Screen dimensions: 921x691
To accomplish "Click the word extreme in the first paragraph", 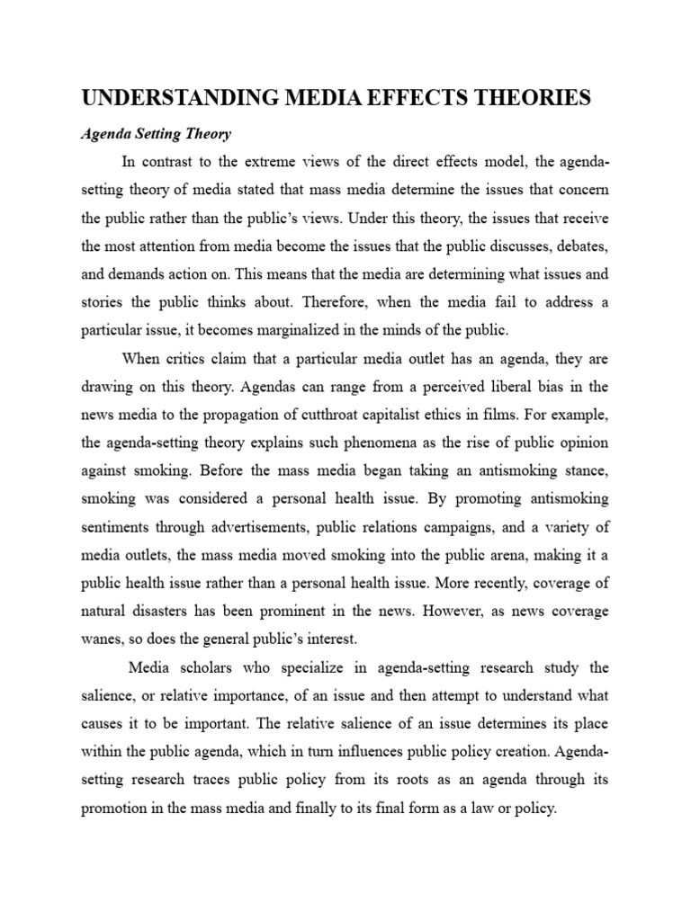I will point(273,162).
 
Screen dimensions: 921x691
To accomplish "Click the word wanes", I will point(105,640).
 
